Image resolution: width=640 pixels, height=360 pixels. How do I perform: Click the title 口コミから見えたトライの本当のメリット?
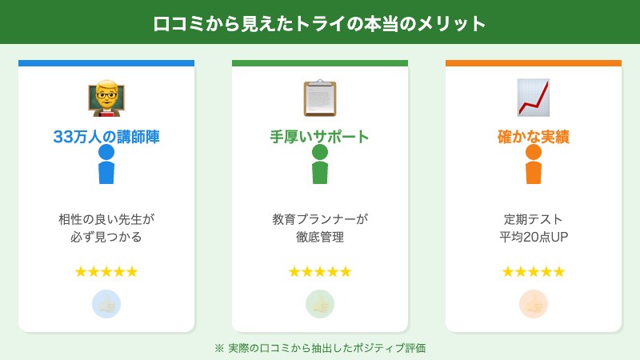click(x=320, y=23)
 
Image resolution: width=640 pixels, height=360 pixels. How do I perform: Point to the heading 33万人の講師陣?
click(x=106, y=137)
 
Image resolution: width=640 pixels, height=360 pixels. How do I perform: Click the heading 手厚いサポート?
click(x=320, y=137)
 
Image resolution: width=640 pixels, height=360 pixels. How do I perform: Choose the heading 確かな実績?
click(x=534, y=137)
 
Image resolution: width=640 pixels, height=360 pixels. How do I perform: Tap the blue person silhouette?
click(x=106, y=165)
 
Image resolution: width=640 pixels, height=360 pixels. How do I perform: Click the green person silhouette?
click(x=320, y=165)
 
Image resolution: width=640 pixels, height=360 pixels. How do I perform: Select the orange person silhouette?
click(x=534, y=165)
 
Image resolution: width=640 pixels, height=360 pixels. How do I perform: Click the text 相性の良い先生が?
click(x=106, y=218)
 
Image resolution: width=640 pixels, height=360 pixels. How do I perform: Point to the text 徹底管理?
click(x=320, y=238)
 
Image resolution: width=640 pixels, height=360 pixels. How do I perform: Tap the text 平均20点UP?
click(x=534, y=238)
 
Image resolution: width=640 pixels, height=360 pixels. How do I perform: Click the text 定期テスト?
click(x=534, y=218)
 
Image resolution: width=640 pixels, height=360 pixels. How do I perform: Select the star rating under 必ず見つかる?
click(x=106, y=272)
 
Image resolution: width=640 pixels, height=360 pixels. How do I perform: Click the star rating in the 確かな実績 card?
click(x=534, y=272)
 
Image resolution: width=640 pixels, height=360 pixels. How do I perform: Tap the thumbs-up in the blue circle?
click(x=106, y=304)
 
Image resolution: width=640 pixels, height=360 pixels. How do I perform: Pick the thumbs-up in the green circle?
click(x=320, y=304)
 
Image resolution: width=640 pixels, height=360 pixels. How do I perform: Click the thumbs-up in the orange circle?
click(x=534, y=304)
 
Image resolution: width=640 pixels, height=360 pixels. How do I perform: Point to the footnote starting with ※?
click(x=320, y=348)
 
